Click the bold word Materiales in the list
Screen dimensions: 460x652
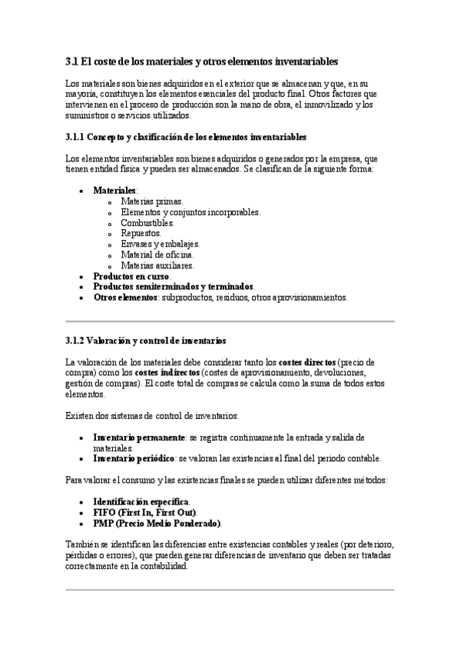(114, 190)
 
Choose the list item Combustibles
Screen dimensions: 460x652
(147, 223)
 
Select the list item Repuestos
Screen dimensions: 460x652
(141, 233)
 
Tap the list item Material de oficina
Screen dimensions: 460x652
(157, 254)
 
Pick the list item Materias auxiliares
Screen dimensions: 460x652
(157, 265)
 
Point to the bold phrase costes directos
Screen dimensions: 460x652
(307, 362)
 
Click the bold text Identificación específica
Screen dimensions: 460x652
(141, 501)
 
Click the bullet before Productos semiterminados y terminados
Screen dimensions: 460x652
(82, 287)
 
